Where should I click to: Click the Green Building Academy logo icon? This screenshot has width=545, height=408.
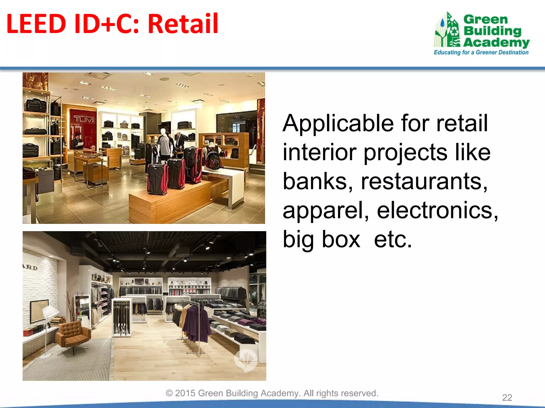(447, 30)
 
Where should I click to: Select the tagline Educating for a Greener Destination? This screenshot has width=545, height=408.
(481, 52)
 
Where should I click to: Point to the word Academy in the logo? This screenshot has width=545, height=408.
(496, 42)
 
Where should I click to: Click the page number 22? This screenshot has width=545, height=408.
(507, 397)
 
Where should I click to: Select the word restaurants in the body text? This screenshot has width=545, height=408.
(424, 181)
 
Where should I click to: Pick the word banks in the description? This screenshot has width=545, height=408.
(318, 181)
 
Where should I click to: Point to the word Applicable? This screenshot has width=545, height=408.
(338, 124)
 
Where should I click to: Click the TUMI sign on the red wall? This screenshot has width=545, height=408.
(84, 119)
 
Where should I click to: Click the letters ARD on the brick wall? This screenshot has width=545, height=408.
(30, 267)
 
